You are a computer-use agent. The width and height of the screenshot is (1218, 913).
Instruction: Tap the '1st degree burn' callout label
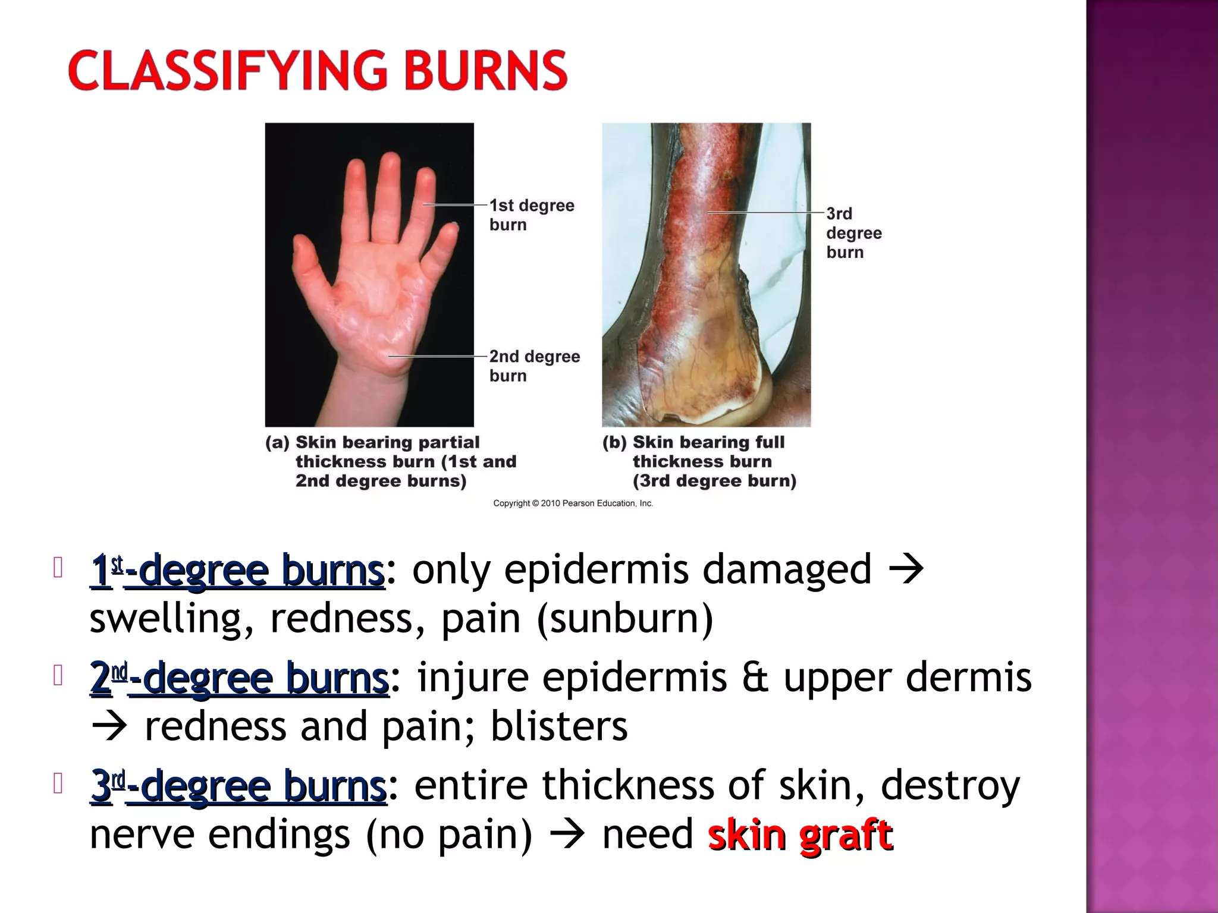pos(531,215)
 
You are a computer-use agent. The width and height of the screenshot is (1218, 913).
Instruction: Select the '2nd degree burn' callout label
pos(534,366)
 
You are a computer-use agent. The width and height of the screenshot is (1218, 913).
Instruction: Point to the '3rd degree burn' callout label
pos(853,232)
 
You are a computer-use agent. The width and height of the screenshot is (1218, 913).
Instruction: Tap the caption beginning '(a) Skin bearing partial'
pos(391,461)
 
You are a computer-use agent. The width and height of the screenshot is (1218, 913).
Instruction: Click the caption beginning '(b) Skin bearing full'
pos(699,461)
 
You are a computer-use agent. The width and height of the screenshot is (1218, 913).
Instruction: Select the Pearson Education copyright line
pos(573,503)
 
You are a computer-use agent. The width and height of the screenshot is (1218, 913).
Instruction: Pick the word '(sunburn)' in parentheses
pos(624,618)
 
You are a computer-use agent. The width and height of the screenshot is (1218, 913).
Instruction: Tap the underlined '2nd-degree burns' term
pos(239,678)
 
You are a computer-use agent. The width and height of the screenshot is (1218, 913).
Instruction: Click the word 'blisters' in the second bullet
pos(558,726)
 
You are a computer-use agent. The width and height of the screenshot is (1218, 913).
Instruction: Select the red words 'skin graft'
pos(800,835)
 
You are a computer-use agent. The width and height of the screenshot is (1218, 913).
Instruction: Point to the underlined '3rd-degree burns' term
pos(238,786)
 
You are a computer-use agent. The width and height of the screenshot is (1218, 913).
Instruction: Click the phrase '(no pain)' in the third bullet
pos(449,835)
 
